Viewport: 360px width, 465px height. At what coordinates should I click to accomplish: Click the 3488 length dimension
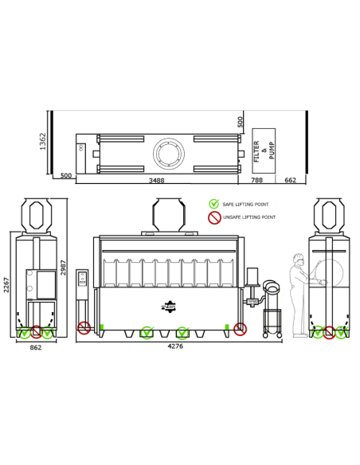click(156, 180)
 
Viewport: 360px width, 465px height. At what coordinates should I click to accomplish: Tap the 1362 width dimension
click(43, 141)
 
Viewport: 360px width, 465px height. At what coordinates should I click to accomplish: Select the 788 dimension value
click(256, 180)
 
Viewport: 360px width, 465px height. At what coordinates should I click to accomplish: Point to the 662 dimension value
click(291, 180)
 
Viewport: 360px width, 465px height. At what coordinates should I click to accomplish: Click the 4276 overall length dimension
click(175, 346)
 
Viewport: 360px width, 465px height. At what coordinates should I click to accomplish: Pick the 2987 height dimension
click(63, 268)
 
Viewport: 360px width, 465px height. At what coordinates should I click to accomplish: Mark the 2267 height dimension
click(6, 285)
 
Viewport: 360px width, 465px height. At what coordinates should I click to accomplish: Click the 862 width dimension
click(36, 347)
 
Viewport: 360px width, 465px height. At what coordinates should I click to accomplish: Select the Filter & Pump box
click(264, 150)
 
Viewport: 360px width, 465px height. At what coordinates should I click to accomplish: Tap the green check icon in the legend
click(213, 204)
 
